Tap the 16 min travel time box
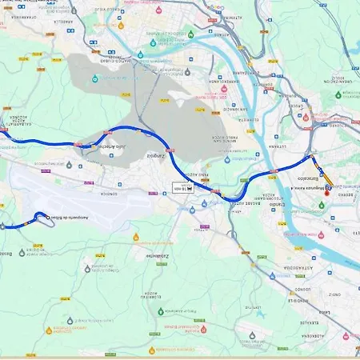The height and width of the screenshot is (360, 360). coord(184,189)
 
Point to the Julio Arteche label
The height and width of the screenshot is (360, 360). coord(110,148)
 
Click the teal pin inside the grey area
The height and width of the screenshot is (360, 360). coord(94,78)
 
